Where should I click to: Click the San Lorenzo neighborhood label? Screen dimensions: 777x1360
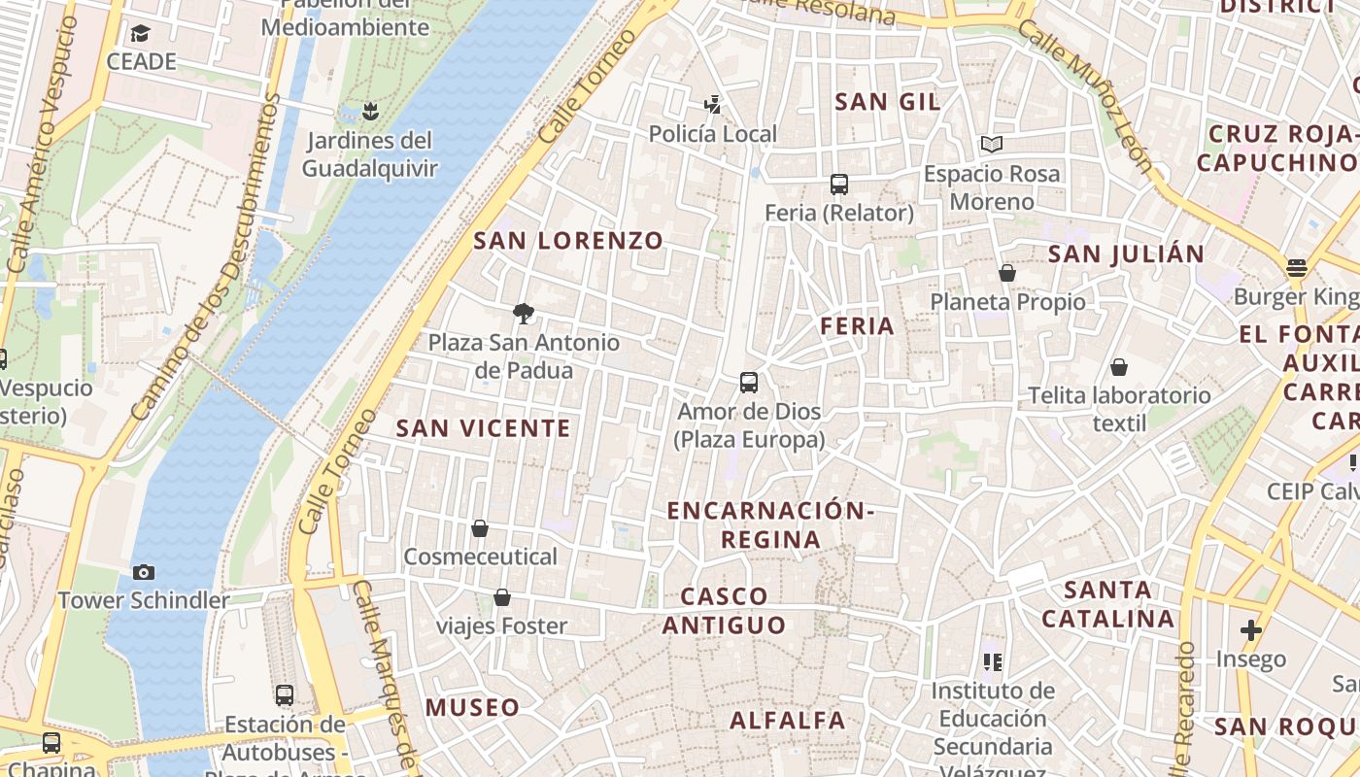point(568,241)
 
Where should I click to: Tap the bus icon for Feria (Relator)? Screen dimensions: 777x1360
point(839,184)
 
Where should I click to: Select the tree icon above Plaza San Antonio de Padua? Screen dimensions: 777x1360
point(524,313)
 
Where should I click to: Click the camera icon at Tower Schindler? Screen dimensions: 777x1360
point(144,572)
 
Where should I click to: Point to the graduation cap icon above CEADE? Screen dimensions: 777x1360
point(141,34)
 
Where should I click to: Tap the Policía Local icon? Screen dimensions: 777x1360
point(713,105)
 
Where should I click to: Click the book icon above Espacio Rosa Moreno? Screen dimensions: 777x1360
point(991,145)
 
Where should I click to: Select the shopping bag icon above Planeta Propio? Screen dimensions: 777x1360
point(1007,273)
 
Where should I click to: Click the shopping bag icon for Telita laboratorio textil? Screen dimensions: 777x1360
point(1119,367)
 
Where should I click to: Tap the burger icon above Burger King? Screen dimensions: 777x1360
point(1296,267)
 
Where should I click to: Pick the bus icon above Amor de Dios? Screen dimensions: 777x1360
point(748,383)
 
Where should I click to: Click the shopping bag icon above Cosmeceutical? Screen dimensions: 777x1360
point(479,528)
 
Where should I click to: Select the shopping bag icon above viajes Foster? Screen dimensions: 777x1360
point(501,597)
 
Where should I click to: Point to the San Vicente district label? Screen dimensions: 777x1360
point(483,428)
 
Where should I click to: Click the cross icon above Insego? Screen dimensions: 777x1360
point(1251,630)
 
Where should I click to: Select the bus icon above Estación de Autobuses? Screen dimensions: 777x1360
point(284,695)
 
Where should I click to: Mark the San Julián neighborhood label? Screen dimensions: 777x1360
point(1126,254)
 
